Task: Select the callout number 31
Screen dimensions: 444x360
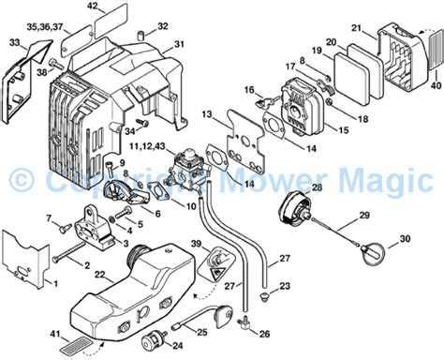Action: [180, 45]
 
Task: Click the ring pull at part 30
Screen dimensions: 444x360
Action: [373, 253]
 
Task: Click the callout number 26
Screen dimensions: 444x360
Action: [264, 333]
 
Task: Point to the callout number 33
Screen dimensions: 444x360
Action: [14, 43]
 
